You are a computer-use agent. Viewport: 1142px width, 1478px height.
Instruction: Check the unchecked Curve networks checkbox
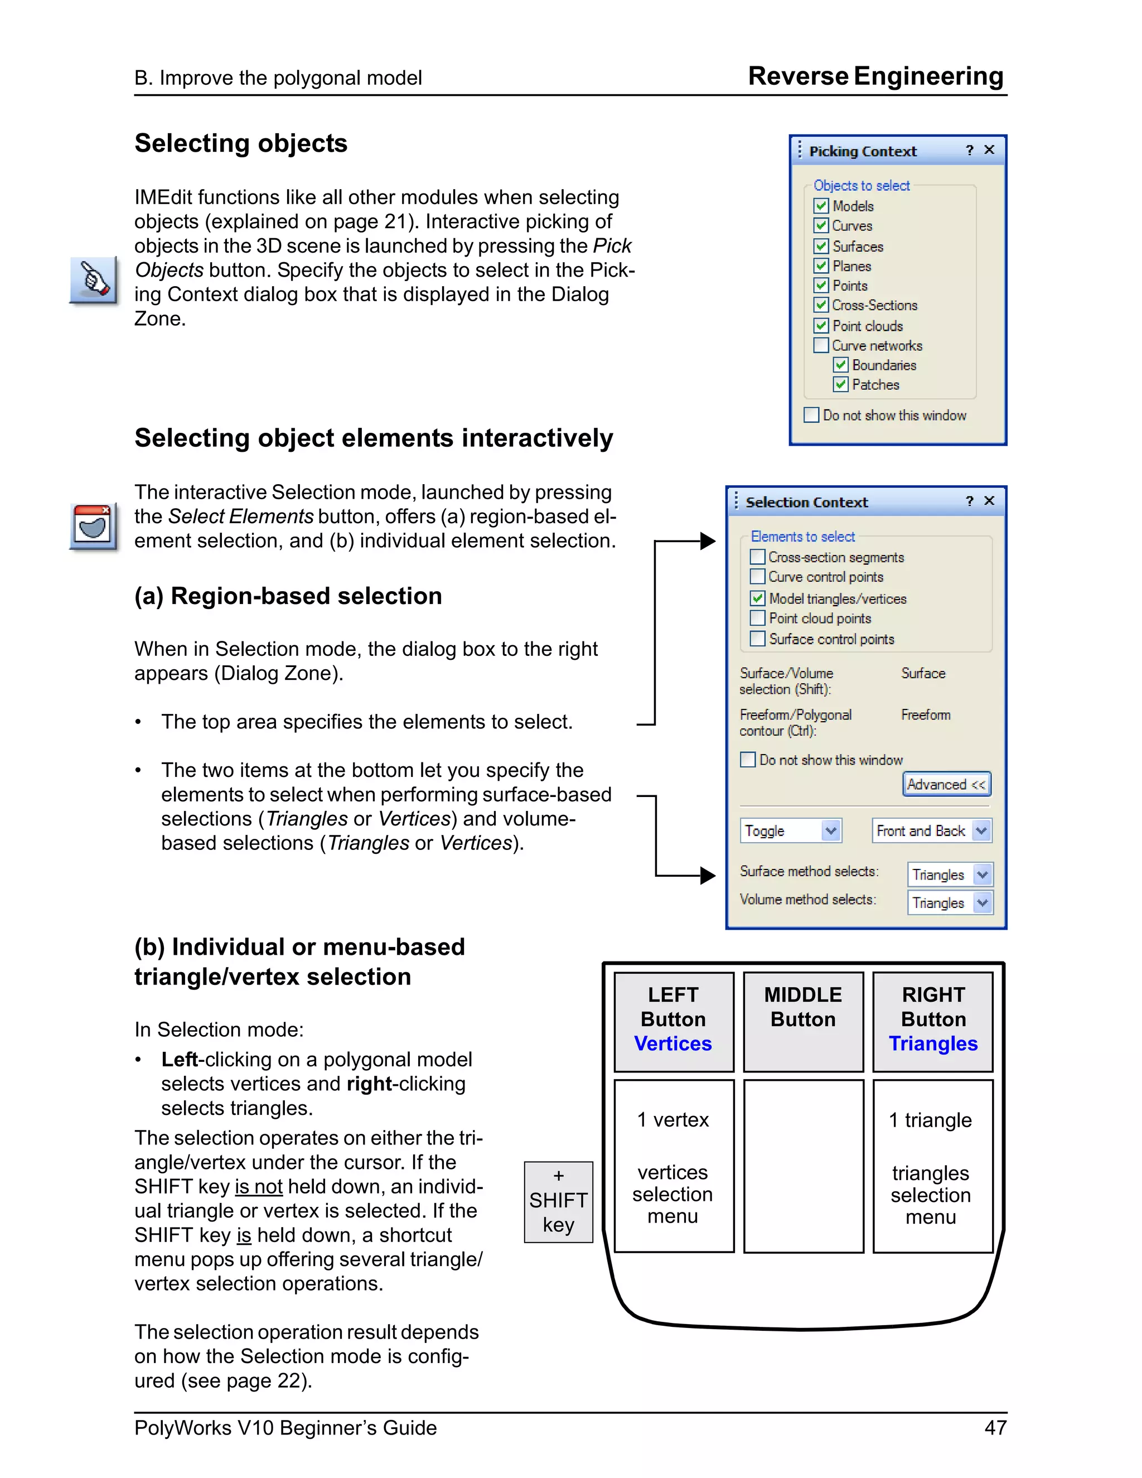coord(821,345)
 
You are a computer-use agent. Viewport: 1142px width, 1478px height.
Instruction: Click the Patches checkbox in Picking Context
coord(840,384)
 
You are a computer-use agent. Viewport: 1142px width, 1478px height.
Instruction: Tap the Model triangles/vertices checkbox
coord(758,598)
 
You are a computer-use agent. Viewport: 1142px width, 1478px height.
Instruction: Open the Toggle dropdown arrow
coord(831,830)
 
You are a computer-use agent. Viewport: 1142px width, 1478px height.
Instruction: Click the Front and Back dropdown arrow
coord(981,830)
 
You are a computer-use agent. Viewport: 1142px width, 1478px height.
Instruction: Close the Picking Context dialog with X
coord(989,149)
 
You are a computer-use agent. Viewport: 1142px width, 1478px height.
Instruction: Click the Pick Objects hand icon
coord(93,279)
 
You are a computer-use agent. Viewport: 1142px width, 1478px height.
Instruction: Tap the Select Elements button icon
coord(93,526)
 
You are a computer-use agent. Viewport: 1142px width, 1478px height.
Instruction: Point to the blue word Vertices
coord(672,1044)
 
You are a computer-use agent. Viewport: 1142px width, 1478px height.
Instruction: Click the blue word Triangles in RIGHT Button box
coord(933,1044)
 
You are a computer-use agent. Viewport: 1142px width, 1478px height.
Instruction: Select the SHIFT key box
coord(558,1202)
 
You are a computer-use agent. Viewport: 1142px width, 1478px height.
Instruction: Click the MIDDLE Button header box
coord(803,1021)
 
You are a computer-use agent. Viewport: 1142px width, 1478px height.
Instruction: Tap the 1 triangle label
coord(930,1120)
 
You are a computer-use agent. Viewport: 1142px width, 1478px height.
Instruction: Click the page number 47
coord(995,1428)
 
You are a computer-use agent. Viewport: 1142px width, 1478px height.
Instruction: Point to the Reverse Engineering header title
coord(875,76)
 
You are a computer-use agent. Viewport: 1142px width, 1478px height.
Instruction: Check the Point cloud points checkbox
coord(758,618)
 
